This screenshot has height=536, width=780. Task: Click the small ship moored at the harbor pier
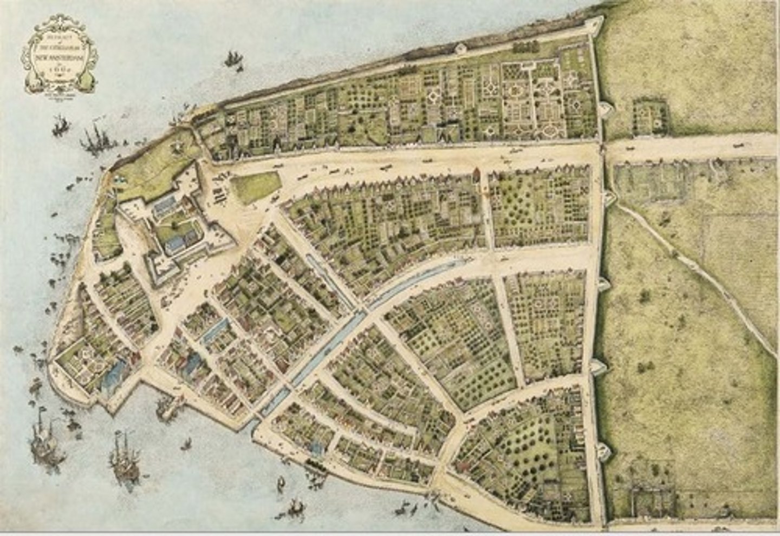pyautogui.click(x=165, y=406)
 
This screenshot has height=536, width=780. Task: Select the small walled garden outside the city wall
pyautogui.click(x=649, y=116)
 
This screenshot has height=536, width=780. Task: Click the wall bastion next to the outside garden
pyautogui.click(x=610, y=110)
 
